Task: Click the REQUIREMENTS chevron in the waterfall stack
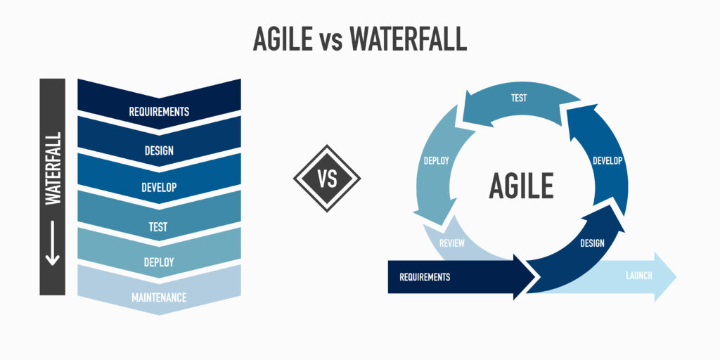coord(159,110)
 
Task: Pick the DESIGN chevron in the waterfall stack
coord(159,149)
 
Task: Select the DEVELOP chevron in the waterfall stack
coord(159,187)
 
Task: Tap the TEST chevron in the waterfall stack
coord(159,226)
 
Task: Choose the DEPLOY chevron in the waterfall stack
coord(159,262)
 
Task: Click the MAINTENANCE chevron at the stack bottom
coord(159,297)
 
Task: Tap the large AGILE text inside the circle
coord(521,186)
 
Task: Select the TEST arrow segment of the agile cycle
coord(519,103)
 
